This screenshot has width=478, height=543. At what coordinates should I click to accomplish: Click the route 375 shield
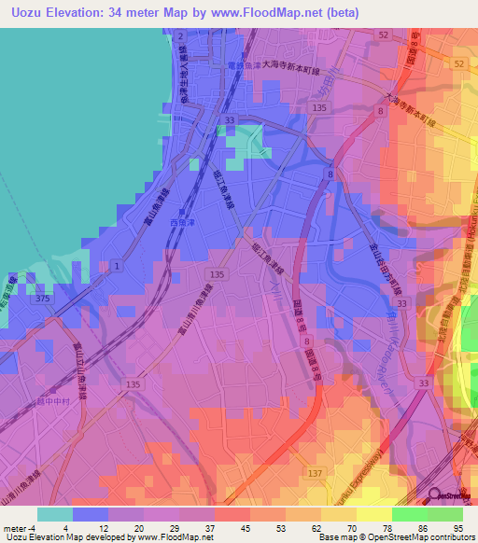pos(42,299)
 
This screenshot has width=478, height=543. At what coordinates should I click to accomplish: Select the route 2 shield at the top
pos(180,35)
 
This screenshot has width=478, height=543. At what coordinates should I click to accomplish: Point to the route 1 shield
pos(115,267)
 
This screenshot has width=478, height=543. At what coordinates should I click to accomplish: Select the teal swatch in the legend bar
pos(54,514)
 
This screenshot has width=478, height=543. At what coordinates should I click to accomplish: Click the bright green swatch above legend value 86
pos(409,514)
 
